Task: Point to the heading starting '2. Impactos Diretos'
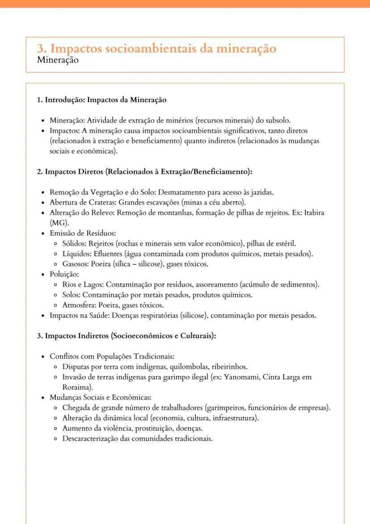pyautogui.click(x=145, y=171)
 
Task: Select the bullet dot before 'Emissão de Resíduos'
pyautogui.click(x=42, y=233)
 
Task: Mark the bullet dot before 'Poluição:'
pyautogui.click(x=42, y=274)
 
